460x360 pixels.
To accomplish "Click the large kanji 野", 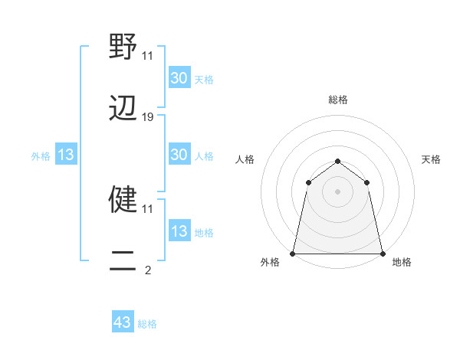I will click(x=123, y=47).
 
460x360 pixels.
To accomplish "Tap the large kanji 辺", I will click(x=123, y=109).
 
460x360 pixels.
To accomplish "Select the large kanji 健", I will click(x=123, y=200).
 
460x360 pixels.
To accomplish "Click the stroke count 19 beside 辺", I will click(x=148, y=117).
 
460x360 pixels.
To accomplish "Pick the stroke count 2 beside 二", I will click(x=148, y=270).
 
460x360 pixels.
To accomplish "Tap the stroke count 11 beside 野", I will click(x=147, y=55).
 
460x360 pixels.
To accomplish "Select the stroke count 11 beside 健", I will click(x=147, y=208).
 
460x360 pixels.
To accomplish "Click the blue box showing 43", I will click(x=123, y=322).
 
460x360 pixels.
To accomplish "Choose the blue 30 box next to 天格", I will click(x=179, y=78).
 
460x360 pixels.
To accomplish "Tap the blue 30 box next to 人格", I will click(x=179, y=155).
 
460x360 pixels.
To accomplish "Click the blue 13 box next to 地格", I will click(x=179, y=231).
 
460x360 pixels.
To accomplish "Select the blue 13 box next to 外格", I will click(x=66, y=155).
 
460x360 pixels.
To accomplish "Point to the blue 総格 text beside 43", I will click(x=147, y=324).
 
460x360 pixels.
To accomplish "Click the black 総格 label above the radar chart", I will click(x=337, y=100).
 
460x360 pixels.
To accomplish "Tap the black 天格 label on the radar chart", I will click(x=431, y=159).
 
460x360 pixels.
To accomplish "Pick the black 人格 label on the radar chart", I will click(x=245, y=159).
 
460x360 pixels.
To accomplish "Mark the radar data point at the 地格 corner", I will click(x=382, y=253).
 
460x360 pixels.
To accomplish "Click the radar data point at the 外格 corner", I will click(x=293, y=253).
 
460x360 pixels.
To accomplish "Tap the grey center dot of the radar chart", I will click(x=337, y=191).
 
